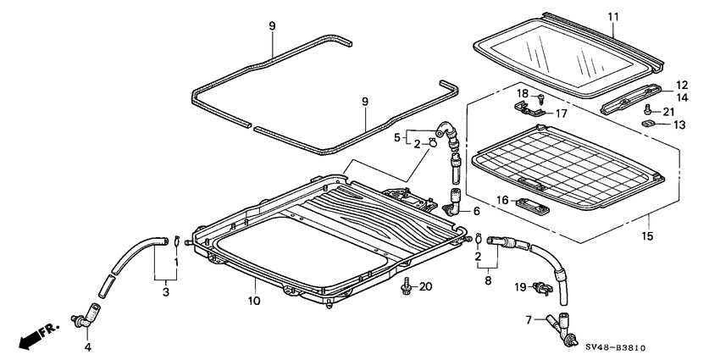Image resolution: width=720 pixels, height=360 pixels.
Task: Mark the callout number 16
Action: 501,200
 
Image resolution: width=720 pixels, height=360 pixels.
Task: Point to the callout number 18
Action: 523,94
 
